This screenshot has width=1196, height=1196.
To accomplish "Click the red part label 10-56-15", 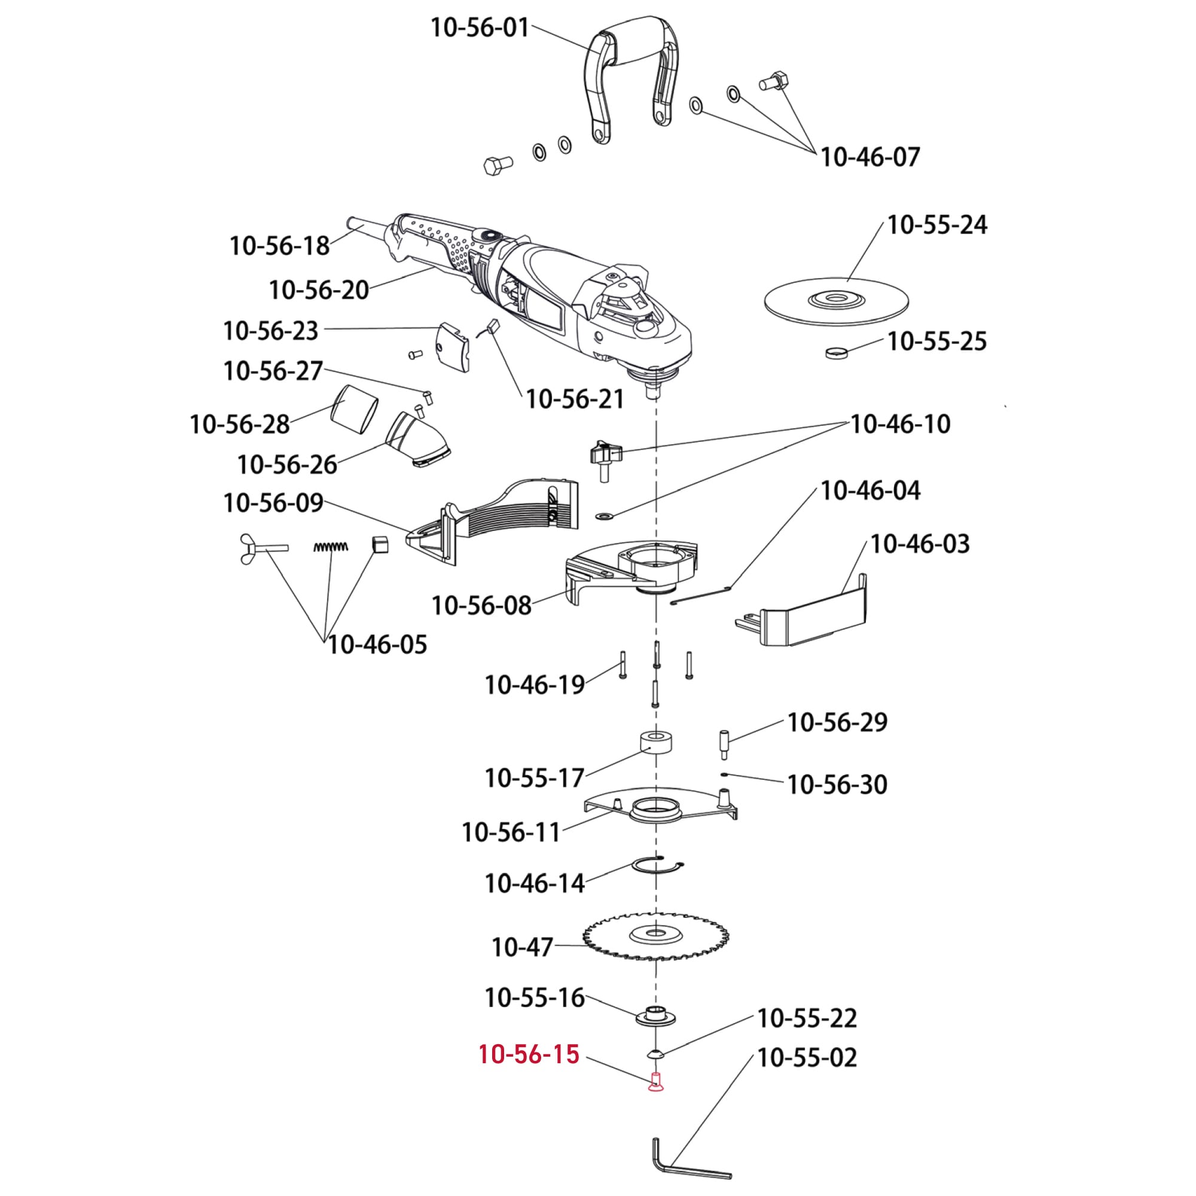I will pyautogui.click(x=529, y=1054).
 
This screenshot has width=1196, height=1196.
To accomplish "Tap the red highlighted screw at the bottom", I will pyautogui.click(x=655, y=1083).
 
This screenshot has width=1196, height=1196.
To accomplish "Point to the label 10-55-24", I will pyautogui.click(x=936, y=225).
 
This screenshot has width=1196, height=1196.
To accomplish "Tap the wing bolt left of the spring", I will pyautogui.click(x=260, y=548).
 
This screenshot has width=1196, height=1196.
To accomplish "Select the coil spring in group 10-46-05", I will pyautogui.click(x=331, y=547).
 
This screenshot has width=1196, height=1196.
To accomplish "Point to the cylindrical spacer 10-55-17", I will pyautogui.click(x=655, y=743).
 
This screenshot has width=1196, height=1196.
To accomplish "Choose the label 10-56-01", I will pyautogui.click(x=480, y=28).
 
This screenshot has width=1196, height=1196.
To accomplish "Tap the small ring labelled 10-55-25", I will pyautogui.click(x=836, y=352).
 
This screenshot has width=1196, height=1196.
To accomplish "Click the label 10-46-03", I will pyautogui.click(x=919, y=544).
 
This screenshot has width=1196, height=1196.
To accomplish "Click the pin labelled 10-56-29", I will pyautogui.click(x=724, y=744).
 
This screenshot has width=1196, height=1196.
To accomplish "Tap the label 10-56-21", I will pyautogui.click(x=575, y=399).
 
